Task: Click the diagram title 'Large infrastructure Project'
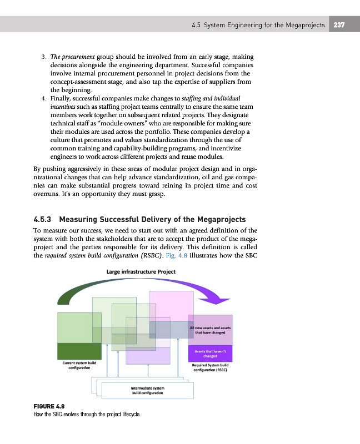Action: pos(141,272)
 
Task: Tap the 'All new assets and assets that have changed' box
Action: pos(213,330)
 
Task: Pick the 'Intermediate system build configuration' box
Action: pos(147,390)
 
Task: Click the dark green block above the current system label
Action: pos(78,351)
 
